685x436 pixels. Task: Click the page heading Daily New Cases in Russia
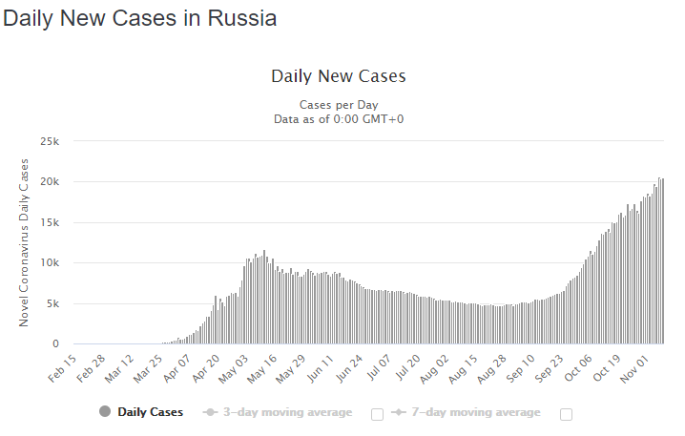140,19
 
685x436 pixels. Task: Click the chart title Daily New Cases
339,76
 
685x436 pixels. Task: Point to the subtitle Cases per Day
339,104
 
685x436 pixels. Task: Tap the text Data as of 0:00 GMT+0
339,118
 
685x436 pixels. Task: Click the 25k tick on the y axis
49,141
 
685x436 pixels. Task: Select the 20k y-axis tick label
49,182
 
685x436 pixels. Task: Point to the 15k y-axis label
49,222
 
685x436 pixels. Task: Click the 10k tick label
49,263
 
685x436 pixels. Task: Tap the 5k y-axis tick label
52,303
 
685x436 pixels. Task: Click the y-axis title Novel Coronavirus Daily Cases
25,242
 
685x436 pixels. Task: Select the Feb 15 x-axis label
62,367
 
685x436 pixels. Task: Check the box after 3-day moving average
376,413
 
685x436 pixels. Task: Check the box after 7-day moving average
567,413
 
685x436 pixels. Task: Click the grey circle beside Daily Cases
105,412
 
